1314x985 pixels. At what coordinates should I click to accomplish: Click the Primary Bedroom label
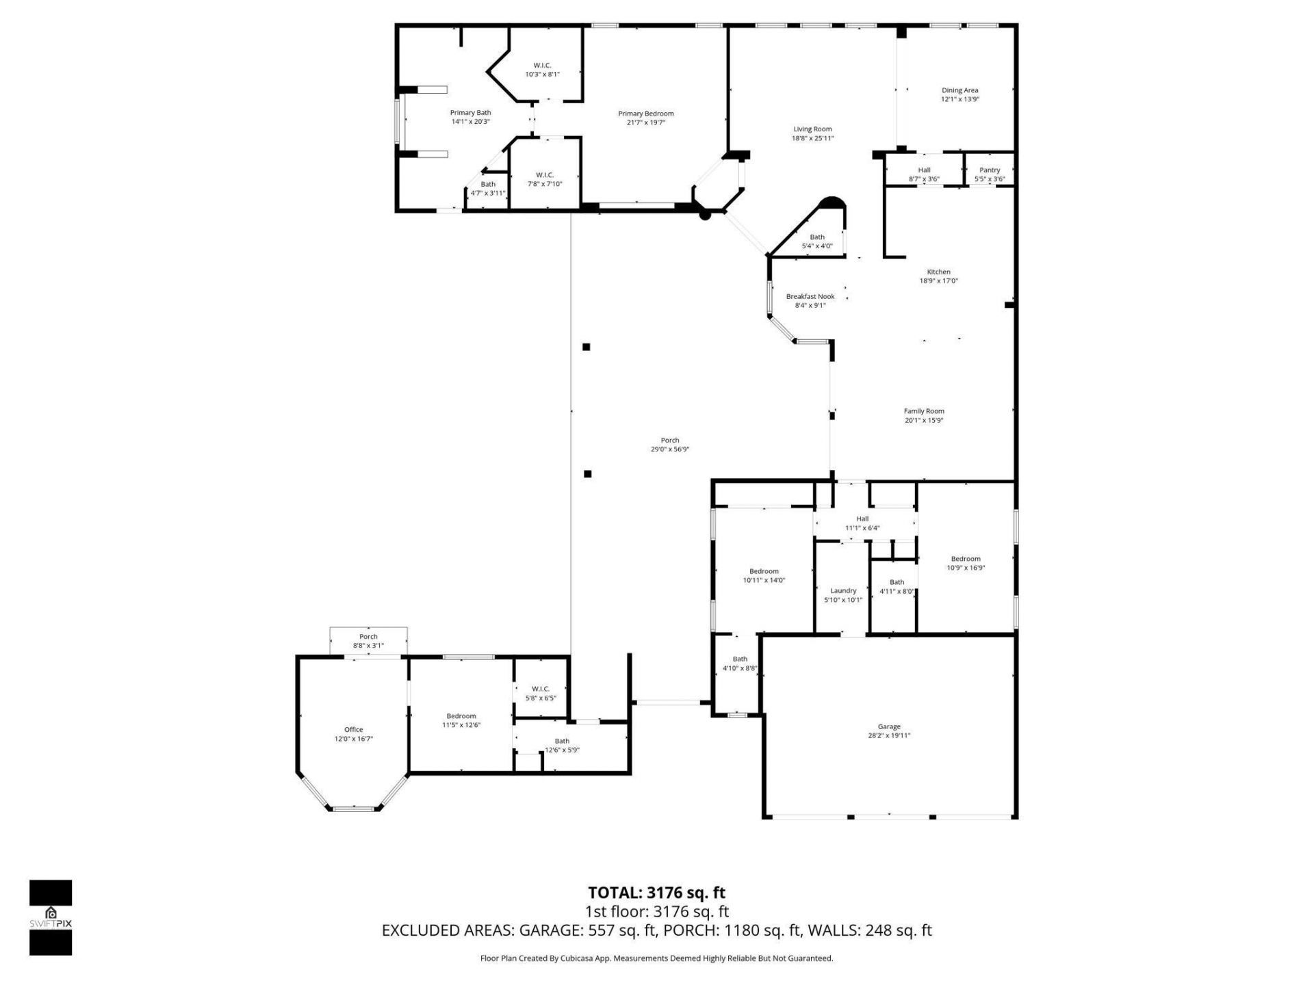tap(645, 114)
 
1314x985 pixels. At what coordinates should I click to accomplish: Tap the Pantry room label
tap(989, 170)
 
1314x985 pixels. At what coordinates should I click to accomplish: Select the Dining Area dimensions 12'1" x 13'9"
tap(959, 99)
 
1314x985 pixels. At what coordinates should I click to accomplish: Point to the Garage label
tap(889, 726)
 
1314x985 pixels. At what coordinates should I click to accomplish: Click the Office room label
tap(354, 730)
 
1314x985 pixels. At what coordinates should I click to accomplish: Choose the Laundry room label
tap(843, 591)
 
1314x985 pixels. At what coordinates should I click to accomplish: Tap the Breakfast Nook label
tap(810, 297)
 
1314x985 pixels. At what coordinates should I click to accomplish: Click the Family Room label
tap(924, 412)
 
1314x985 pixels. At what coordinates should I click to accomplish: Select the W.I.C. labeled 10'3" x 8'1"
tap(542, 70)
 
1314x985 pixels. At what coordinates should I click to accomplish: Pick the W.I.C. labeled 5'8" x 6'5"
tap(541, 694)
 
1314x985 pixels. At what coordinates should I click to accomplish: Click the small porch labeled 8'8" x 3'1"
tap(368, 641)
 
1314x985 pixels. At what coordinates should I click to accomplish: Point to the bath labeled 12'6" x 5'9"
tap(562, 746)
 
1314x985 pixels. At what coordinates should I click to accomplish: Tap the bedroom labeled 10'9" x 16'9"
tap(966, 563)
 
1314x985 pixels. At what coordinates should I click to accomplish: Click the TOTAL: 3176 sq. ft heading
tap(656, 893)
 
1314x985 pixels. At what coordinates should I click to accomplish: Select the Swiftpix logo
tap(51, 917)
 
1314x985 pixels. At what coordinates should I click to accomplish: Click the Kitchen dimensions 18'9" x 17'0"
tap(938, 281)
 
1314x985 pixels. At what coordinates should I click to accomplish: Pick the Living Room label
tap(812, 129)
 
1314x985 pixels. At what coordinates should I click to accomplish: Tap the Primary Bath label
tap(470, 113)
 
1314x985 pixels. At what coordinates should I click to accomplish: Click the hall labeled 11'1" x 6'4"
tap(862, 523)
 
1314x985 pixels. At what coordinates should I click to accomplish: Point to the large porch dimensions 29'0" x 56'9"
tap(669, 449)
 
